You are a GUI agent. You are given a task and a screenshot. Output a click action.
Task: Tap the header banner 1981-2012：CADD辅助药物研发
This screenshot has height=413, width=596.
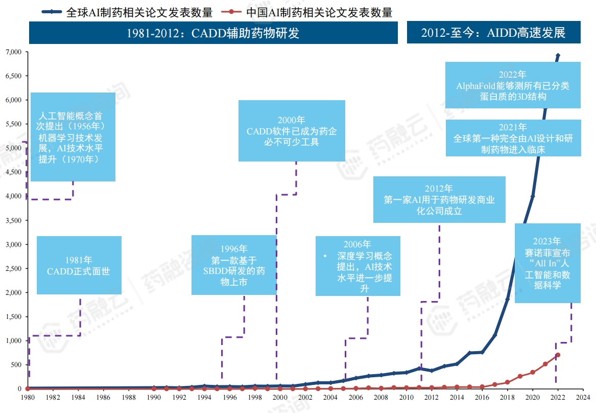pyautogui.click(x=213, y=33)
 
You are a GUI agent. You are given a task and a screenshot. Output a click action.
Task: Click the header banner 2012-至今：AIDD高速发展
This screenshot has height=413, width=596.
pyautogui.click(x=493, y=33)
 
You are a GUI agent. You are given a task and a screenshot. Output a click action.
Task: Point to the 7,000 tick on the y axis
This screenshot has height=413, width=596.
pyautogui.click(x=13, y=52)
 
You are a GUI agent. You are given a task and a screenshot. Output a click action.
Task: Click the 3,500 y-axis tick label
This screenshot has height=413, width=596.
pyautogui.click(x=13, y=221)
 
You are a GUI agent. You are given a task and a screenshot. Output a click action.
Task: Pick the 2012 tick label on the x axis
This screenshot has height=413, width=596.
pyautogui.click(x=432, y=397)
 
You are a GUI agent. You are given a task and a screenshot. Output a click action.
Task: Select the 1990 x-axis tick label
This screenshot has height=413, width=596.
pyautogui.click(x=154, y=397)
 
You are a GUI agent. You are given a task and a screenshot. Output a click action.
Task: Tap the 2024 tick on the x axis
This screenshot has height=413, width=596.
pyautogui.click(x=583, y=397)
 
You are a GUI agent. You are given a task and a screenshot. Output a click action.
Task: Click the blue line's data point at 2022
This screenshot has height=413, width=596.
pyautogui.click(x=558, y=56)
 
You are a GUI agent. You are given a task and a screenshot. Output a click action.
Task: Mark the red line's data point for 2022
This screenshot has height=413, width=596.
pyautogui.click(x=558, y=355)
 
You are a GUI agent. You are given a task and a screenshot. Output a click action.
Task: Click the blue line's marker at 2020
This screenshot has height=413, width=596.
pyautogui.click(x=533, y=196)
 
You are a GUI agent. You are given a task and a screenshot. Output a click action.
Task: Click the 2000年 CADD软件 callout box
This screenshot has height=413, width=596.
pyautogui.click(x=292, y=131)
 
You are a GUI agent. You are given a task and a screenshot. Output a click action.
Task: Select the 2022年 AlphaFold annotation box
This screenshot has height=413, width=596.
pyautogui.click(x=513, y=85)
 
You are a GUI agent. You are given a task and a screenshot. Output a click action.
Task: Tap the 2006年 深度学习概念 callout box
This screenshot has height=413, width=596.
pyautogui.click(x=357, y=266)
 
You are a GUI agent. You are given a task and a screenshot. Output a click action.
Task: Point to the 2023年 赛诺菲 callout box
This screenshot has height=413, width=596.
pyautogui.click(x=547, y=263)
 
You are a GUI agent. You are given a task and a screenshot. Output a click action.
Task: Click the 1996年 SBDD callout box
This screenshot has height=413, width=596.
pyautogui.click(x=233, y=265)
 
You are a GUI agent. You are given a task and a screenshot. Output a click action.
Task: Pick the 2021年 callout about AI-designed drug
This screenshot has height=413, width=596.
pyautogui.click(x=513, y=138)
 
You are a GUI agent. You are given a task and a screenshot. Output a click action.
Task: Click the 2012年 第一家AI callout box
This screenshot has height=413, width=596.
pyautogui.click(x=439, y=199)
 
